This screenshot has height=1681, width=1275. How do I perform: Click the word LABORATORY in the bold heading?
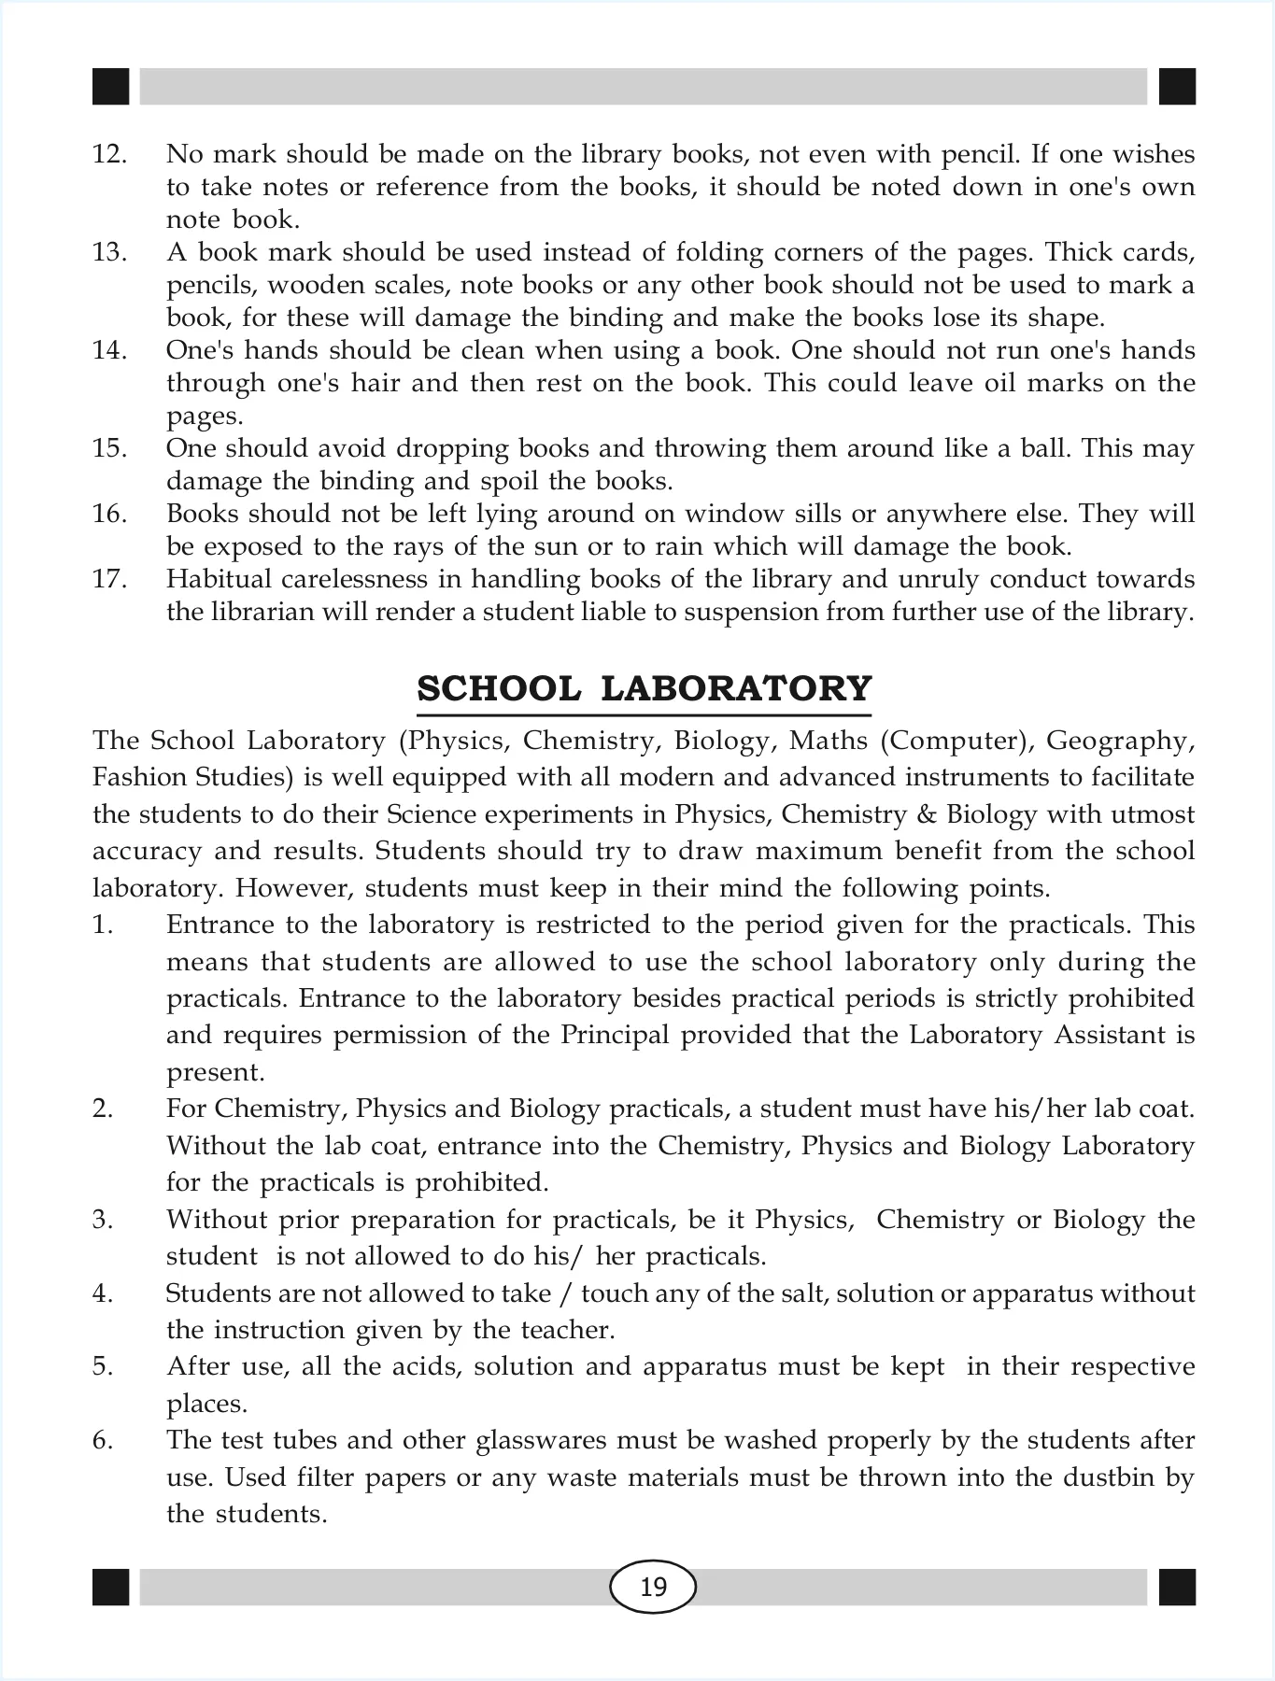pyautogui.click(x=736, y=688)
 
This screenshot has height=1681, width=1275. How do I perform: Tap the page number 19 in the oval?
pyautogui.click(x=653, y=1587)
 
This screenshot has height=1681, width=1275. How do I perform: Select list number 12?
pyautogui.click(x=109, y=154)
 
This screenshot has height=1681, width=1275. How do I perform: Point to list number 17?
pyautogui.click(x=109, y=579)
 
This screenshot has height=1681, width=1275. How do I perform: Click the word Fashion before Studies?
pyautogui.click(x=136, y=777)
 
